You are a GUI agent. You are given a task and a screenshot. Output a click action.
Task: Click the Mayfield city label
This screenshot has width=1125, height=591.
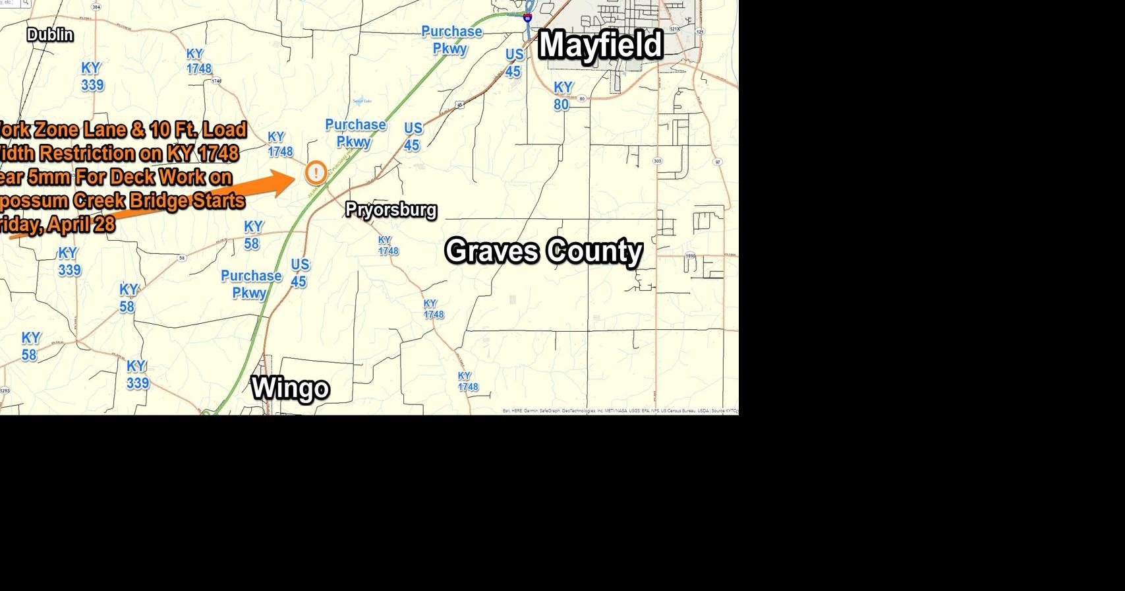pyautogui.click(x=600, y=45)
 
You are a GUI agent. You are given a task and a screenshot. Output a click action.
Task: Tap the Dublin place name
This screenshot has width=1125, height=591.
pyautogui.click(x=50, y=35)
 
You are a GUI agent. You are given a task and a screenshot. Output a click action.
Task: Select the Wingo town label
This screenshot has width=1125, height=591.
pyautogui.click(x=290, y=388)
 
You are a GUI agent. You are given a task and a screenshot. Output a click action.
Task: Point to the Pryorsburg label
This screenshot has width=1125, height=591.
pyautogui.click(x=391, y=210)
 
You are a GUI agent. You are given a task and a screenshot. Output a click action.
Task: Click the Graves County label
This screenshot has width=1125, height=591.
pyautogui.click(x=544, y=251)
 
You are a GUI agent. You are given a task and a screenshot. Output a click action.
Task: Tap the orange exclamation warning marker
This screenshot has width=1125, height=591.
pyautogui.click(x=316, y=173)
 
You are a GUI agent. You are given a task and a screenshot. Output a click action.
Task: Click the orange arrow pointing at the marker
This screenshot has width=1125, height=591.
pyautogui.click(x=264, y=188)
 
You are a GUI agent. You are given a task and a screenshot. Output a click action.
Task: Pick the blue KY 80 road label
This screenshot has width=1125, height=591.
pyautogui.click(x=562, y=96)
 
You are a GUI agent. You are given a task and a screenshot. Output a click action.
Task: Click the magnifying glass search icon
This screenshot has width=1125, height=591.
pyautogui.click(x=25, y=3)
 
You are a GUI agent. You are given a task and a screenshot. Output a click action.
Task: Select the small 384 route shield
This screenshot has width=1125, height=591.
pyautogui.click(x=96, y=7)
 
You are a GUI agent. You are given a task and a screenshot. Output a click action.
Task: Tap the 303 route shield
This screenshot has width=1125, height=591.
pyautogui.click(x=657, y=161)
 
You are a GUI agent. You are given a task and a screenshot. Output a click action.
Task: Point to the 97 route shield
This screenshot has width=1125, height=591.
pyautogui.click(x=718, y=162)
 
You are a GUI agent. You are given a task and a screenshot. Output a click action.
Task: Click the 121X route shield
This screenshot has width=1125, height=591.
pyautogui.click(x=674, y=29)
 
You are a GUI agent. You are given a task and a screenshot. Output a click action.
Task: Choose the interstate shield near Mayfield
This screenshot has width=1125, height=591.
pyautogui.click(x=527, y=18)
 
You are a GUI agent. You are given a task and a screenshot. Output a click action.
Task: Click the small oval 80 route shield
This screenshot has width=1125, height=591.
pyautogui.click(x=582, y=99)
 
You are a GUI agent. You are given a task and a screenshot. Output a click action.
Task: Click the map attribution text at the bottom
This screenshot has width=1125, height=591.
pyautogui.click(x=620, y=411)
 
